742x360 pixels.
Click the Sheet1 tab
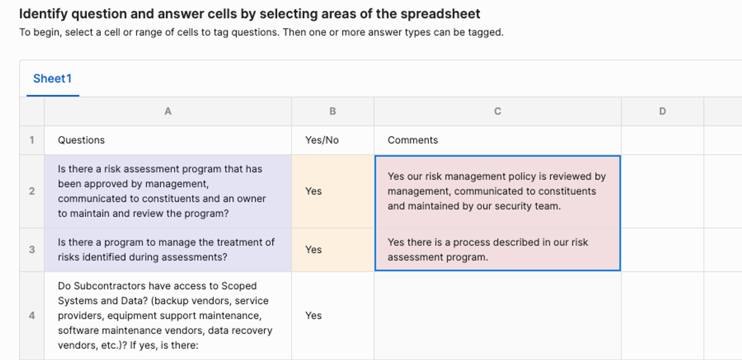point(52,79)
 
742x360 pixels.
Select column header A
point(168,111)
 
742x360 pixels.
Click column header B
point(333,111)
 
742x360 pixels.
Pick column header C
point(498,111)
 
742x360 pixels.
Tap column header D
point(663,111)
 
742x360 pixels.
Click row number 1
point(32,140)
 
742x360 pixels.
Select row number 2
point(32,191)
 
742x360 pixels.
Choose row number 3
point(32,250)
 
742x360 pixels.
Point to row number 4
point(32,316)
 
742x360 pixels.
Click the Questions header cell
point(168,140)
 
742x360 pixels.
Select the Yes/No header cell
point(333,140)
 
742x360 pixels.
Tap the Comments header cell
point(498,140)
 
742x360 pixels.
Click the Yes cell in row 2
point(333,191)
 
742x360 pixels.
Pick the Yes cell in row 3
point(333,250)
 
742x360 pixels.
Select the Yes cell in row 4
point(333,316)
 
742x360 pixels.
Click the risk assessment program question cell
point(168,191)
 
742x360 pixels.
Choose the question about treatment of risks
point(168,250)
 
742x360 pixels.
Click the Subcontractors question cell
point(168,316)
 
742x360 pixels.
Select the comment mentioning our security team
point(498,191)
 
